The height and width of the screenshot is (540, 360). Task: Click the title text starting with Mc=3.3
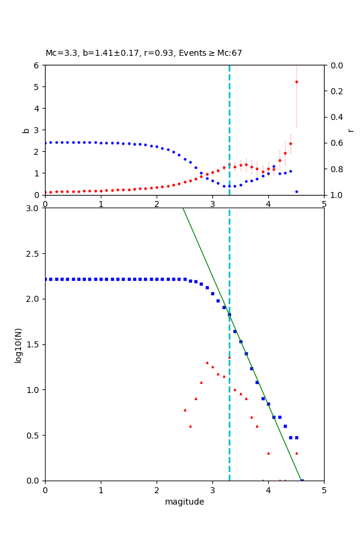144,53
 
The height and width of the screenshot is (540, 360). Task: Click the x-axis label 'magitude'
184,502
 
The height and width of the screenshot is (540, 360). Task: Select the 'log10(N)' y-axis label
19,344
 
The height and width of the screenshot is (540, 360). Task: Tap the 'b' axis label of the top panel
26,130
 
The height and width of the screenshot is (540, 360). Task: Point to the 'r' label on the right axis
350,130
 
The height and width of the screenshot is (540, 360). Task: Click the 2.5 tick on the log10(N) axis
34,253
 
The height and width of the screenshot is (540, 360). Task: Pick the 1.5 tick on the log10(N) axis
34,344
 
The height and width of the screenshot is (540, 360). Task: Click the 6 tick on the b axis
37,65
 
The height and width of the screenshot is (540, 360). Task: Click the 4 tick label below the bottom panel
268,490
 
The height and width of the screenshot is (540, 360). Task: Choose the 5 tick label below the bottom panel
324,490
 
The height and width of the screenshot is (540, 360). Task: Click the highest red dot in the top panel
296,82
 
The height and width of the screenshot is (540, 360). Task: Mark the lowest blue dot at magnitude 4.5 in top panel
296,191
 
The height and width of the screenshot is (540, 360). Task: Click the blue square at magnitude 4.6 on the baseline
302,481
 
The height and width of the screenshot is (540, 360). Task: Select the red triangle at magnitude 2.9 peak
207,362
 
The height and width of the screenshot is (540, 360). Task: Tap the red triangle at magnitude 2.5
185,410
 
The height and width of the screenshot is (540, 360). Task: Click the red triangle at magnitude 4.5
296,453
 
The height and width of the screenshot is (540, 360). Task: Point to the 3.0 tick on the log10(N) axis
34,208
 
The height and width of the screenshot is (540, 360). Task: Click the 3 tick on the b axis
37,130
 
